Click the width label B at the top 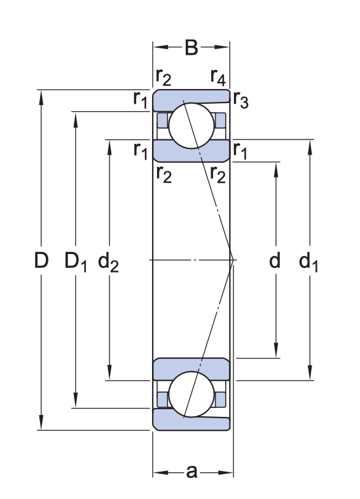click(x=191, y=48)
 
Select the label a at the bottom click(x=191, y=472)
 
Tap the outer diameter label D click(x=41, y=260)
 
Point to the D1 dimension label click(x=76, y=260)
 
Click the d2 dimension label click(x=109, y=260)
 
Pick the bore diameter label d click(x=275, y=260)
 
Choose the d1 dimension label click(x=309, y=260)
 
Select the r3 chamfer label click(x=240, y=99)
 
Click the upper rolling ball click(x=190, y=123)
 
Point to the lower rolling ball click(x=190, y=395)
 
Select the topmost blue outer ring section click(x=191, y=97)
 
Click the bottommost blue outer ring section click(x=191, y=420)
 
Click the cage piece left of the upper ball click(x=162, y=120)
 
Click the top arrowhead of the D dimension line click(x=41, y=96)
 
